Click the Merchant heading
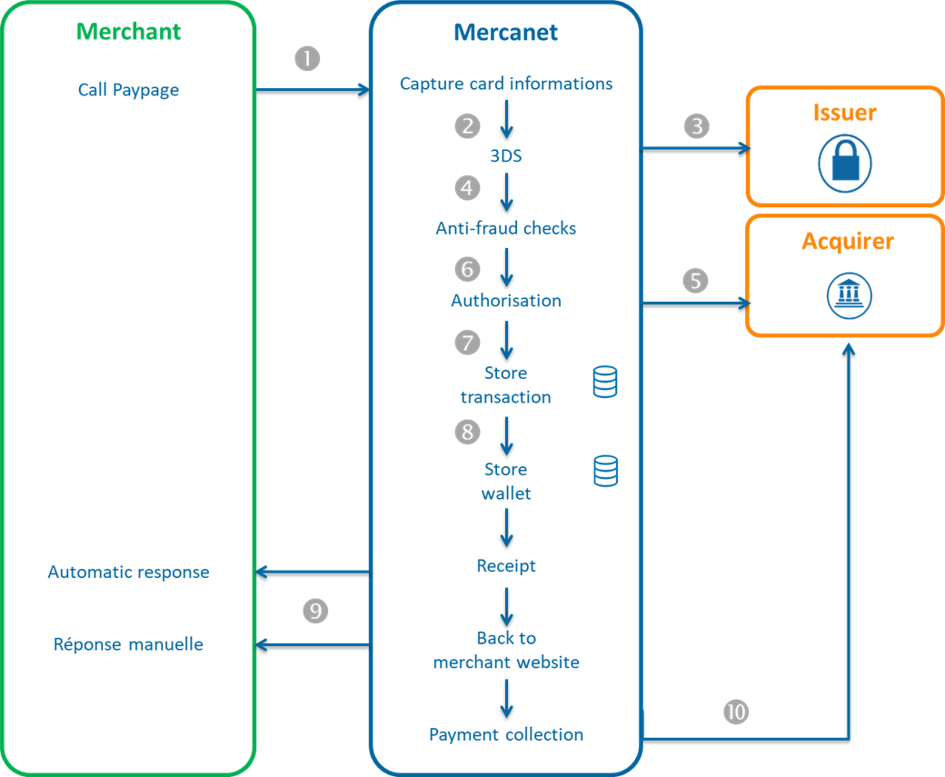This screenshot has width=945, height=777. (x=128, y=32)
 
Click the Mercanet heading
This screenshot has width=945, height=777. (x=505, y=34)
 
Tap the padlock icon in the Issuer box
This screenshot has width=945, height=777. (x=845, y=164)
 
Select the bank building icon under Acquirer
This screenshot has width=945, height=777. (x=849, y=295)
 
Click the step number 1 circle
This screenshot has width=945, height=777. (x=308, y=58)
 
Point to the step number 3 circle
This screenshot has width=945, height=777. (x=696, y=125)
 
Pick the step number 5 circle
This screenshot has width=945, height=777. (x=695, y=281)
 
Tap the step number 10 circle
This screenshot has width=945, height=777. (x=737, y=712)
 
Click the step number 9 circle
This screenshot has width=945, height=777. (x=315, y=611)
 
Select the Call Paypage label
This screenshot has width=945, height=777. (x=128, y=90)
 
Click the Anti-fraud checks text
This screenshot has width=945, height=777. (x=505, y=228)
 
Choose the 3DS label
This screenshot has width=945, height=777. (x=506, y=156)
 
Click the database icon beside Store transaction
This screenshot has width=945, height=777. (x=605, y=382)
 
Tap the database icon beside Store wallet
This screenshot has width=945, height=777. (x=605, y=471)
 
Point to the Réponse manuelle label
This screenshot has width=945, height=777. (x=128, y=644)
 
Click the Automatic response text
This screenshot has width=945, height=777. (x=128, y=573)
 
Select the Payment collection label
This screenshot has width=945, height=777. (x=506, y=734)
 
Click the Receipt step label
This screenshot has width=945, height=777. (x=506, y=566)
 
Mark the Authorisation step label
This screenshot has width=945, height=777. (x=506, y=301)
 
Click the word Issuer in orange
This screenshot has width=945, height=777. (x=844, y=113)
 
